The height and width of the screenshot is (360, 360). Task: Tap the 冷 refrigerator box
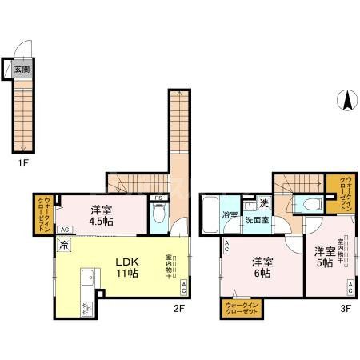click(62, 248)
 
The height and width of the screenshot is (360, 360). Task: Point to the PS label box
click(159, 198)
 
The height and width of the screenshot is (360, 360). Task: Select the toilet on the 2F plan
click(158, 214)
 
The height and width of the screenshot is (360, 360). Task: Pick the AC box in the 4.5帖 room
click(66, 230)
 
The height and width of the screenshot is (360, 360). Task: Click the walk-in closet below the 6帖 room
click(241, 308)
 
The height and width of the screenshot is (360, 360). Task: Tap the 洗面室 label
click(258, 220)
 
